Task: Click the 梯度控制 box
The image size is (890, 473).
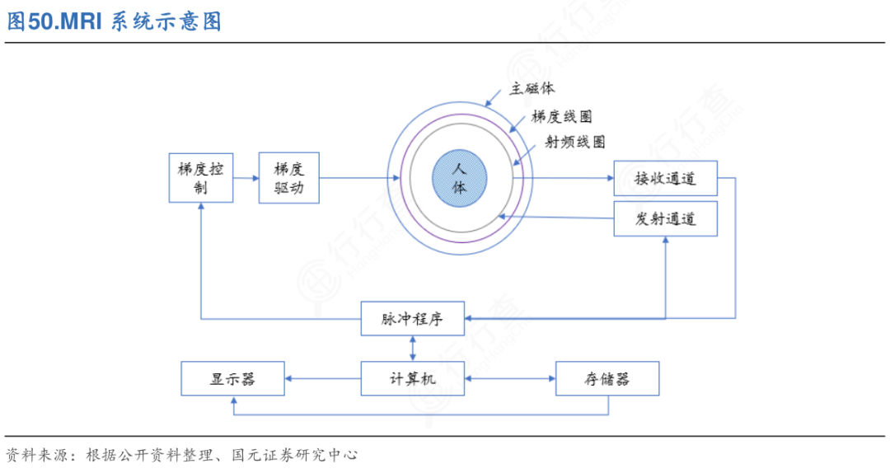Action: click(x=201, y=178)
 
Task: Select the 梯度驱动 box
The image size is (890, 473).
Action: click(x=288, y=178)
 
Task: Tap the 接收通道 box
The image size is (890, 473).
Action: click(x=665, y=178)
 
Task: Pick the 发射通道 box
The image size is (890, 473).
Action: click(x=665, y=218)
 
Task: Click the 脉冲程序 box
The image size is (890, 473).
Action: click(x=413, y=318)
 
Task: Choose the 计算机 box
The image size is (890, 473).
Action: click(x=413, y=378)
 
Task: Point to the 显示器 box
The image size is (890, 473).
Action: click(x=232, y=378)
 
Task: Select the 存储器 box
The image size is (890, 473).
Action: click(x=607, y=378)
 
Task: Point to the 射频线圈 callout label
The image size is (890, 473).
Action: click(x=575, y=142)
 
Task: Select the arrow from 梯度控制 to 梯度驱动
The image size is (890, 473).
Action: click(x=246, y=178)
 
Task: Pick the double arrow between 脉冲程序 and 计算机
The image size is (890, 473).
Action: click(x=413, y=348)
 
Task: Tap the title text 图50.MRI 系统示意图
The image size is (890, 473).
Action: click(x=115, y=21)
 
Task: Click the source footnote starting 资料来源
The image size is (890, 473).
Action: click(x=181, y=454)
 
